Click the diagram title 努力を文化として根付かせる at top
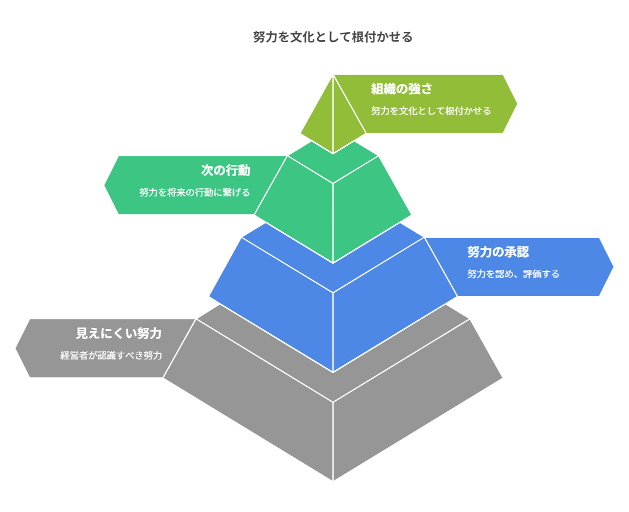coord(332,37)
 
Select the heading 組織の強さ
coord(401,89)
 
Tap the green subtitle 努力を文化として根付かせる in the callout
coord(430,111)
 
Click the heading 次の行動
coord(226,170)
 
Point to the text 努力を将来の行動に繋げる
coord(194,192)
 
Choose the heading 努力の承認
coord(498,252)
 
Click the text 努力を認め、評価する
coord(513,274)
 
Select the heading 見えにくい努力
coord(118,334)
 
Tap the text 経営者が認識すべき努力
coord(111,355)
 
